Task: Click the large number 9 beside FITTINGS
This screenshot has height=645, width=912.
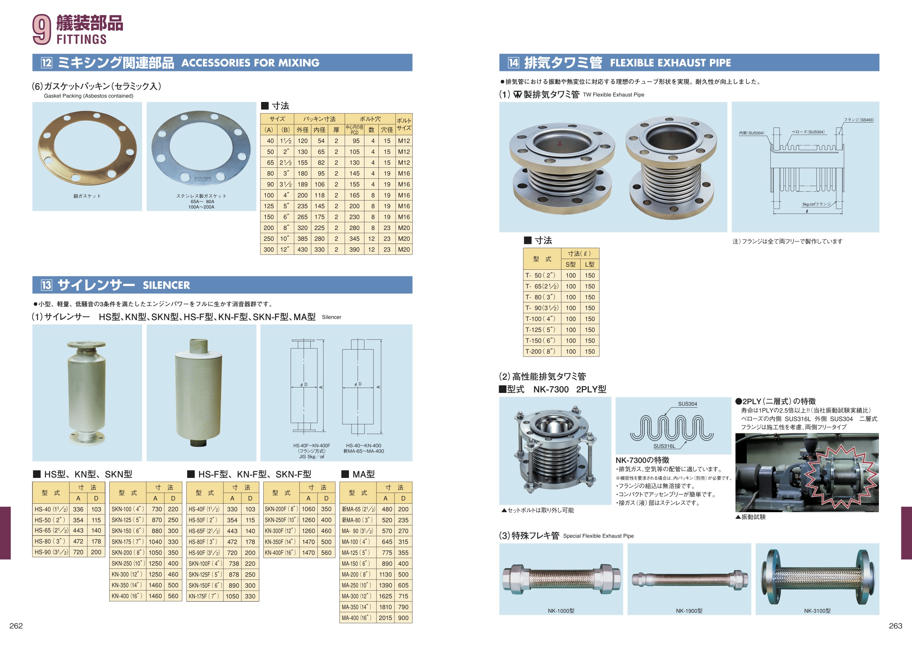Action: pyautogui.click(x=42, y=29)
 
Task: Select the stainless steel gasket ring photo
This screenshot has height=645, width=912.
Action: pyautogui.click(x=201, y=149)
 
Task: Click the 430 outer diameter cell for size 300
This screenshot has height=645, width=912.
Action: pyautogui.click(x=303, y=249)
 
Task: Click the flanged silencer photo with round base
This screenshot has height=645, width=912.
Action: pyautogui.click(x=86, y=393)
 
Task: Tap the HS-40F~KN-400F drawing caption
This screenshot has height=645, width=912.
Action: pyautogui.click(x=312, y=446)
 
